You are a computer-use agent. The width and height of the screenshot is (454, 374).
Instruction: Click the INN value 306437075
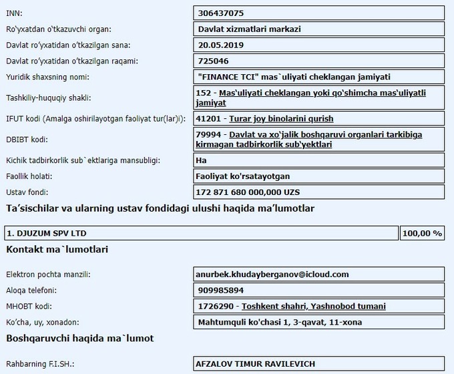[221, 13]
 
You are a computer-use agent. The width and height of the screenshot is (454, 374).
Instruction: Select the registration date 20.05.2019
[221, 45]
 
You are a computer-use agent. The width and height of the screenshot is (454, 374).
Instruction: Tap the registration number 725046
[213, 61]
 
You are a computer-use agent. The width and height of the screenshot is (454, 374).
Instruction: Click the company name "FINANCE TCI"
[228, 77]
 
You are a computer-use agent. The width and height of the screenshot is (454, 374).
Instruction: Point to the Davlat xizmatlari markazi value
[249, 29]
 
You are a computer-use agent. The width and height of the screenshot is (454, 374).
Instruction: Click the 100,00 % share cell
[422, 233]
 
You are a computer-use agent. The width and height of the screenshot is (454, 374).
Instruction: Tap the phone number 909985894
[221, 291]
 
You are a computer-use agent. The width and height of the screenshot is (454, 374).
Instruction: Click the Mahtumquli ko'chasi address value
[280, 323]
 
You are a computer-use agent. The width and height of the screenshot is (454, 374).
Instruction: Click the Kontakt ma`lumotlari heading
[57, 249]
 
